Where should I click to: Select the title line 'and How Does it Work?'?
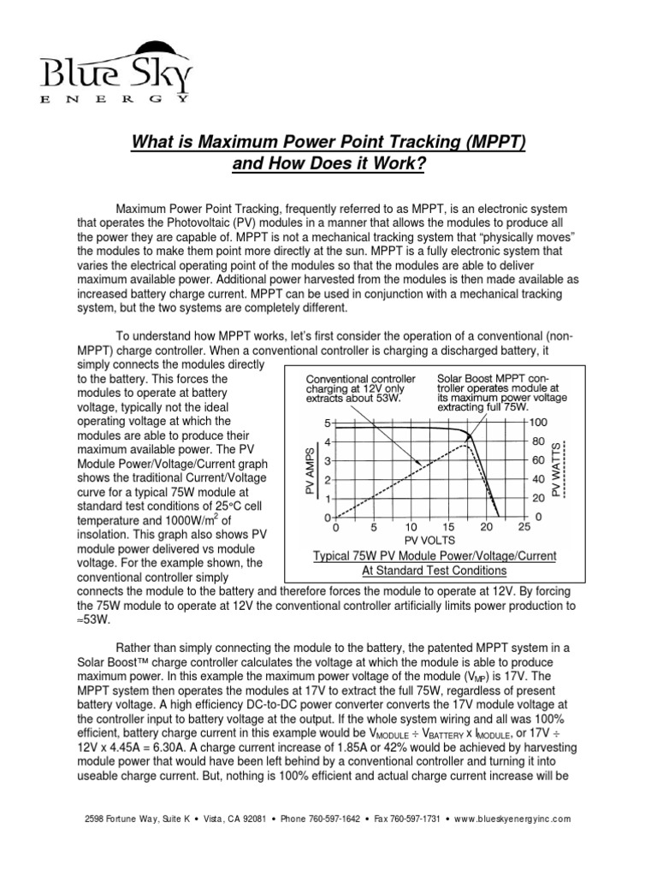(328, 163)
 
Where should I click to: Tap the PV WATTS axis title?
(557, 470)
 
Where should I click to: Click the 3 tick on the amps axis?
(325, 461)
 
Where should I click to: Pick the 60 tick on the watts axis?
(537, 461)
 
